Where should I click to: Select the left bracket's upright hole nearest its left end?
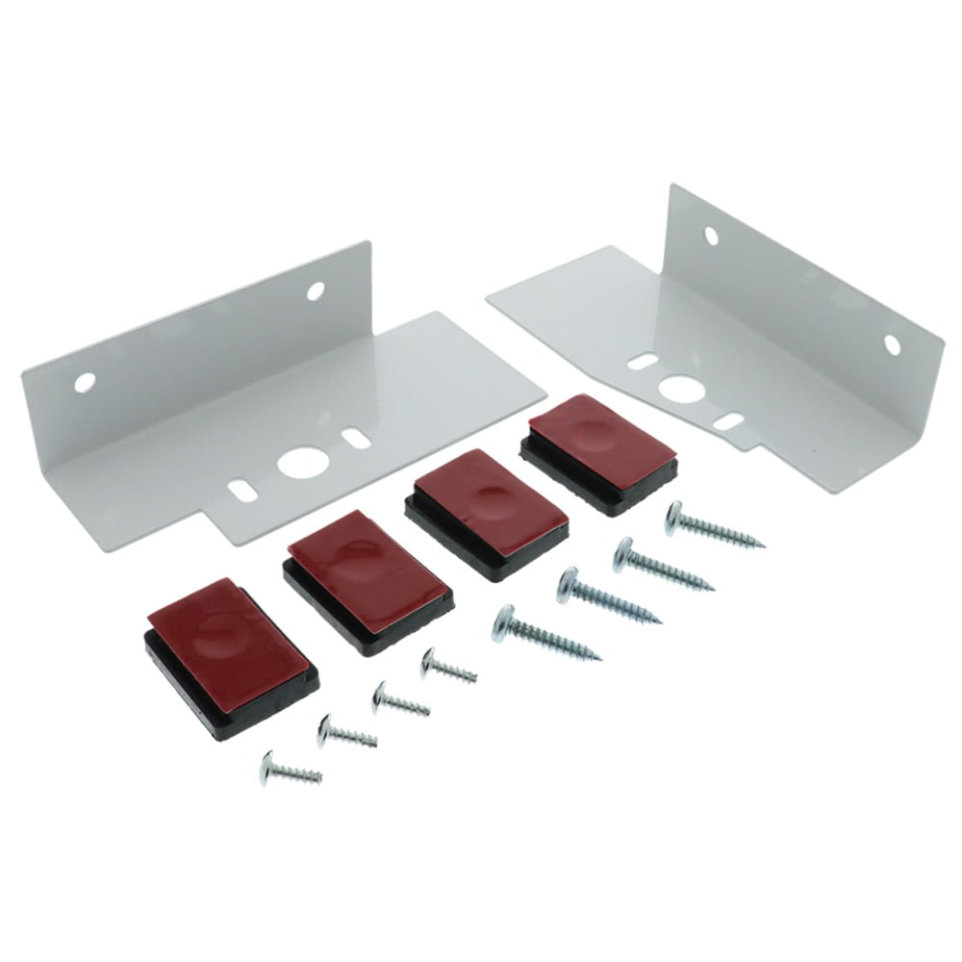[85, 383]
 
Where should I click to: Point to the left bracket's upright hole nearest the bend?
[316, 291]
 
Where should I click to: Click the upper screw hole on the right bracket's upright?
[711, 236]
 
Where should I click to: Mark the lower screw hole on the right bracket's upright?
[892, 344]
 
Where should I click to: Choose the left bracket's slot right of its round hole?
[356, 440]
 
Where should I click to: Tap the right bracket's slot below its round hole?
[729, 420]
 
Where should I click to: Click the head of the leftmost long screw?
[505, 622]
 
